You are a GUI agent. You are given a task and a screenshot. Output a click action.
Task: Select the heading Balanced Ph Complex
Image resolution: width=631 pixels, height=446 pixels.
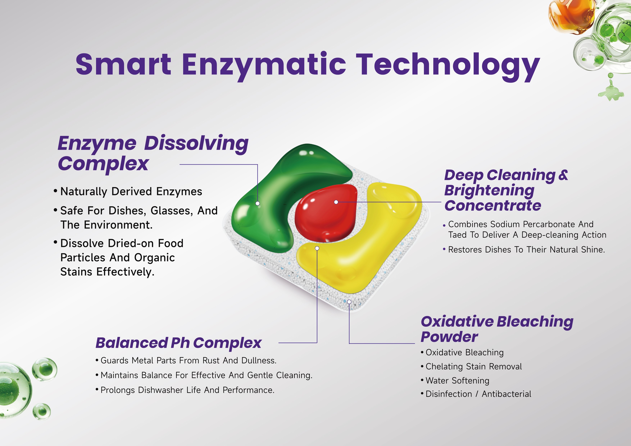179,343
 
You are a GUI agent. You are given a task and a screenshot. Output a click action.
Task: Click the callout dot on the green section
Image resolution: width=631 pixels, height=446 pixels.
258,203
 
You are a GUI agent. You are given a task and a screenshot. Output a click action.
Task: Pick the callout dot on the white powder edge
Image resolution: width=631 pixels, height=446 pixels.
349,302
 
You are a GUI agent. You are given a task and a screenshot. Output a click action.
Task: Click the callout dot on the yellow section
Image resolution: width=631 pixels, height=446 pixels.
317,248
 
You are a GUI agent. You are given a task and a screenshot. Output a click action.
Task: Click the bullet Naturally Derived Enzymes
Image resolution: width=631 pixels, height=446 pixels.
131,191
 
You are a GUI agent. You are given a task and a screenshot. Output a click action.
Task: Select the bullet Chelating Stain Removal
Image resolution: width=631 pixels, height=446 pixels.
474,367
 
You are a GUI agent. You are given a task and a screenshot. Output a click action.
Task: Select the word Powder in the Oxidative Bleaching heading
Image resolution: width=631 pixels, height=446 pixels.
449,337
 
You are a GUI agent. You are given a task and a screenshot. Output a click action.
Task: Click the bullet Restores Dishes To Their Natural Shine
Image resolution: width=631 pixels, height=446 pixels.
526,250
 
